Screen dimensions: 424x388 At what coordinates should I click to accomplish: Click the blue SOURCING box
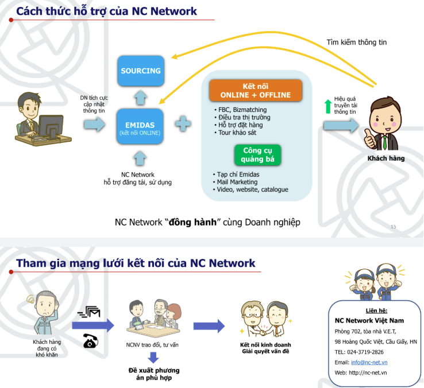click(141, 71)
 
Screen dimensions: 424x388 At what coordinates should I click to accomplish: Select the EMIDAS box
click(140, 126)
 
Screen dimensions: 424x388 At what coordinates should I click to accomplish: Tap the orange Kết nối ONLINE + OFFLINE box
click(256, 91)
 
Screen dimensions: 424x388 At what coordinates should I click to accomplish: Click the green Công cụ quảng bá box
click(257, 155)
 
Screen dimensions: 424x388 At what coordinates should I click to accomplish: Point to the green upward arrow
click(328, 106)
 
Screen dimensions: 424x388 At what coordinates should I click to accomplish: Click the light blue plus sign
click(183, 124)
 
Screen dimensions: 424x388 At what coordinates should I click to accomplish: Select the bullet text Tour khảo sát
click(237, 133)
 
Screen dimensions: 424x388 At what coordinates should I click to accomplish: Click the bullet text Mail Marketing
click(237, 182)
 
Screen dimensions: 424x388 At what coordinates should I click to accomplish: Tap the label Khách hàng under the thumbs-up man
click(386, 158)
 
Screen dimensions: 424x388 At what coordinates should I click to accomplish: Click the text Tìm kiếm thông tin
click(356, 42)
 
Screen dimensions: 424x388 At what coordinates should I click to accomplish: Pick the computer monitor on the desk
click(51, 126)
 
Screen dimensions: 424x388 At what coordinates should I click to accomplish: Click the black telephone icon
click(91, 341)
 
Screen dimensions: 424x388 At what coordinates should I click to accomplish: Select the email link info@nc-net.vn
click(369, 362)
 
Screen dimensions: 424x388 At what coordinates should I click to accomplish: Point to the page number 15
click(394, 227)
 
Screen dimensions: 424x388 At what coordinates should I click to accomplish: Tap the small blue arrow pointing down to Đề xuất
click(153, 358)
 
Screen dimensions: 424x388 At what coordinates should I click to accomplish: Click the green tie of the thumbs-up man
click(384, 142)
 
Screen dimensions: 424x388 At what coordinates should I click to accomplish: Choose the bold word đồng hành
click(192, 222)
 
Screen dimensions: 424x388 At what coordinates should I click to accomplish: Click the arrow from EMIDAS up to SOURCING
click(141, 98)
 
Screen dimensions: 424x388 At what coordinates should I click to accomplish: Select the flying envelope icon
click(88, 312)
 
